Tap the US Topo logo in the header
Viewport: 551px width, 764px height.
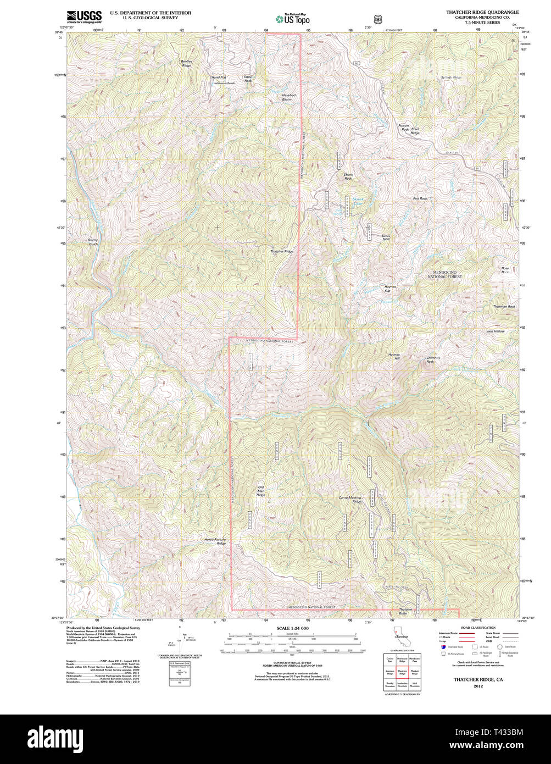292,19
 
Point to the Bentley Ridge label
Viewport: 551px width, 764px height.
187,63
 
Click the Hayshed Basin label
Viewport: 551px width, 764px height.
288,97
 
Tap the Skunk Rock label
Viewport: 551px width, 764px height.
348,176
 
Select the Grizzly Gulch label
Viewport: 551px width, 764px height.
93,242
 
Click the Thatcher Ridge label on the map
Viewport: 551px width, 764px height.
281,251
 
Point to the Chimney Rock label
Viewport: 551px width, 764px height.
433,359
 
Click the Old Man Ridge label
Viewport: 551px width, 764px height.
261,491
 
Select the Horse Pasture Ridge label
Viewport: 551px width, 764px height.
215,541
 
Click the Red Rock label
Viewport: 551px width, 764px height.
420,198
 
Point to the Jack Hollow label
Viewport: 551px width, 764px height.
495,331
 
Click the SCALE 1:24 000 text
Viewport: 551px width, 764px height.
292,628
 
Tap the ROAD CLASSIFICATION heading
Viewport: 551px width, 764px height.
478,627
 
